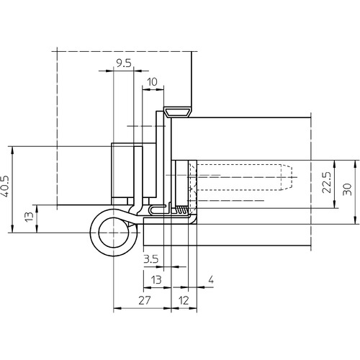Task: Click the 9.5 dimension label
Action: (x=124, y=63)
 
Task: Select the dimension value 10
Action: (x=152, y=82)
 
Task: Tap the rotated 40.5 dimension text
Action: (x=5, y=186)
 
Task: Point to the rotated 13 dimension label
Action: (x=30, y=217)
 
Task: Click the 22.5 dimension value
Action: (x=327, y=182)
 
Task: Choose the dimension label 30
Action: (x=347, y=189)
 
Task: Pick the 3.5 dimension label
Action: (x=151, y=259)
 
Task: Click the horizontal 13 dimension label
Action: (x=156, y=280)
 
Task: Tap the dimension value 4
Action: (x=211, y=279)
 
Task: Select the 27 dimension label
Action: (x=145, y=300)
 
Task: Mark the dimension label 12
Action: (x=184, y=300)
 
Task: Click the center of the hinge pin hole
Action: (x=113, y=233)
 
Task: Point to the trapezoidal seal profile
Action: (x=178, y=112)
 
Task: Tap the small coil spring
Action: (x=181, y=210)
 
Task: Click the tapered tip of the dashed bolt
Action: (x=287, y=177)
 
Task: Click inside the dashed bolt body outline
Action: (x=239, y=177)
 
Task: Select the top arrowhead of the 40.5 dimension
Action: (x=12, y=150)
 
